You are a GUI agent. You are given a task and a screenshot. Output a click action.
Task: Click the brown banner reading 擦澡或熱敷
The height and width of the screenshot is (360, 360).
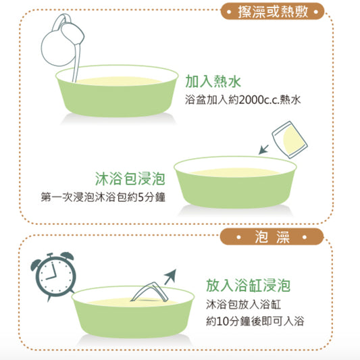[x=272, y=11]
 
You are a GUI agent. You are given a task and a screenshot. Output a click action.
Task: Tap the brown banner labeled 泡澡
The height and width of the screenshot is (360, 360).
[x=272, y=236]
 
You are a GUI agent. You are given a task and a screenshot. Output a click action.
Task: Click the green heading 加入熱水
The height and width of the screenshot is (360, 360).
[x=213, y=81]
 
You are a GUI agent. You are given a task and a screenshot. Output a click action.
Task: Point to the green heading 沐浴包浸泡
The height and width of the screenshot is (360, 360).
[x=130, y=178]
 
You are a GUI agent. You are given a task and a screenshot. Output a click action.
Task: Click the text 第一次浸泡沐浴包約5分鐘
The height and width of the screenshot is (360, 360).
[x=103, y=197]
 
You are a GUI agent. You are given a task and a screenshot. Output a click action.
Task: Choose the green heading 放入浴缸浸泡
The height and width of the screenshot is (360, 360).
[x=248, y=286]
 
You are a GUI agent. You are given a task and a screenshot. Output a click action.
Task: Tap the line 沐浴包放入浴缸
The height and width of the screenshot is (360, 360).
[x=243, y=305]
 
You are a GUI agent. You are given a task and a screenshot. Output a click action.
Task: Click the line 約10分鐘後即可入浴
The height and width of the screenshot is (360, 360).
[x=255, y=321]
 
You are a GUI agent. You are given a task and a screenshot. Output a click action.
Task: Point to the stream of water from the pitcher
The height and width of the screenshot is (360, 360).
[x=77, y=63]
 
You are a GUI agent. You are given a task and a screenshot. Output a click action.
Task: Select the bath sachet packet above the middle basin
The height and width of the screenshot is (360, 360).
[x=290, y=140]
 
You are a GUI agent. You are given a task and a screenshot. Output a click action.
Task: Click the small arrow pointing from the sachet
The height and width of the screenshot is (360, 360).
[x=263, y=149]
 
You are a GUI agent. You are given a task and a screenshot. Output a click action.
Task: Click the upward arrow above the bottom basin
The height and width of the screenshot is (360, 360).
[x=171, y=277]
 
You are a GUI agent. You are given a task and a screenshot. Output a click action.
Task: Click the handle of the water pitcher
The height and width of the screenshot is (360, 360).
[x=59, y=21]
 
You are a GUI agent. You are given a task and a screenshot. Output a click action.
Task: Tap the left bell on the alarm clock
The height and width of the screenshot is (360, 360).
[x=36, y=264]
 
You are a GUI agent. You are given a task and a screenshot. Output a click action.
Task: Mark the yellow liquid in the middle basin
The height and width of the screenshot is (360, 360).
[x=235, y=172]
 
